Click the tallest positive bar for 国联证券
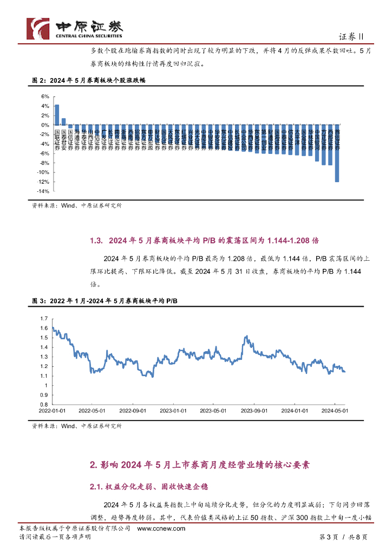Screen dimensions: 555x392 [x=57, y=114]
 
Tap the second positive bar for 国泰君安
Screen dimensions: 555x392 [x=63, y=121]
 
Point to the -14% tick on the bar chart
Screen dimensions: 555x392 [x=43, y=191]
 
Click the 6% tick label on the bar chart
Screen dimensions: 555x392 [x=45, y=96]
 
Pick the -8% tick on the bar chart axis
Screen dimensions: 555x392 [x=44, y=163]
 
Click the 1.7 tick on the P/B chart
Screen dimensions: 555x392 [x=44, y=319]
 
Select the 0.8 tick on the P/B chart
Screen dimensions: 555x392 [x=44, y=404]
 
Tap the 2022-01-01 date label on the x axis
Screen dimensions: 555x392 [x=52, y=411]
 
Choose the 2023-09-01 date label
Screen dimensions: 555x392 [x=254, y=411]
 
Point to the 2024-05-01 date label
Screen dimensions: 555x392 [x=334, y=411]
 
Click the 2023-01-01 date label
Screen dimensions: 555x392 [x=173, y=411]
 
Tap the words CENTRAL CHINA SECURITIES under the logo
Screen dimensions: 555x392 [x=89, y=36]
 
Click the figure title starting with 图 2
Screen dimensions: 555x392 [x=89, y=80]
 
